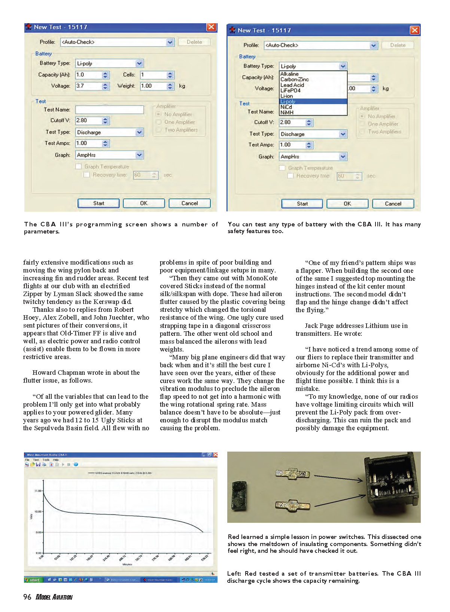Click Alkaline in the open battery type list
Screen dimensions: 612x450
pyautogui.click(x=290, y=74)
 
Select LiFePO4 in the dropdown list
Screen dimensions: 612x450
pyautogui.click(x=291, y=91)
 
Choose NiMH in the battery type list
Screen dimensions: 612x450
pyautogui.click(x=287, y=112)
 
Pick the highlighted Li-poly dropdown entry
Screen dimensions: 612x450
pyautogui.click(x=288, y=102)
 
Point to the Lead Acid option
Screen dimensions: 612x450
pyautogui.click(x=292, y=85)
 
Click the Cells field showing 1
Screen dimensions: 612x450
pyautogui.click(x=153, y=75)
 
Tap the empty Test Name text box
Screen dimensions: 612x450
pyautogui.click(x=109, y=110)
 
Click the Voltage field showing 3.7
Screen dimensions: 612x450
pyautogui.click(x=88, y=86)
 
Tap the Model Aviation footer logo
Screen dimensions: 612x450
pyautogui.click(x=54, y=597)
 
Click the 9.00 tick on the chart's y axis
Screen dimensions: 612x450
pyautogui.click(x=39, y=532)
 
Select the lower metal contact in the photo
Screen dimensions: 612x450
pyautogui.click(x=292, y=506)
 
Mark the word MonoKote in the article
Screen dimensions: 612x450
pyautogui.click(x=262, y=278)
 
